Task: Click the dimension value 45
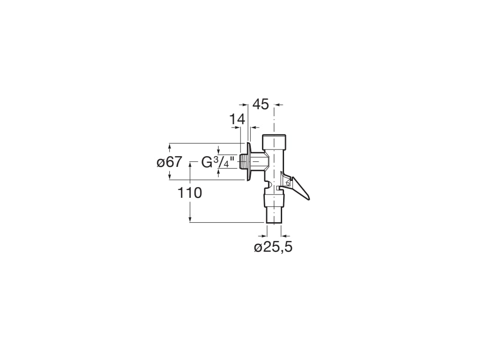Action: click(261, 104)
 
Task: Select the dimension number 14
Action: click(237, 120)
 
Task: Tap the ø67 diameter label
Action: click(169, 162)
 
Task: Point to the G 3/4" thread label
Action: click(217, 162)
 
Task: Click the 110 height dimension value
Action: click(189, 193)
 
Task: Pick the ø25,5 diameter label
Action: click(273, 247)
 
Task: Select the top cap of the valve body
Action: click(274, 141)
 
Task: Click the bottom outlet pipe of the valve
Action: click(274, 216)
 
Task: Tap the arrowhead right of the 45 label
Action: click(278, 105)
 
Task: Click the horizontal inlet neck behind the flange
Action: click(259, 162)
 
